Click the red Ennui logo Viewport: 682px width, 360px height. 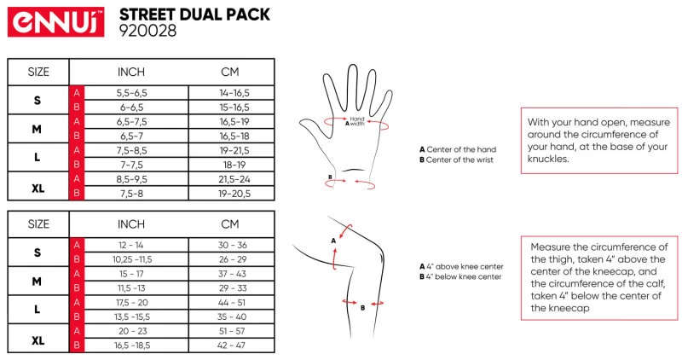click(x=55, y=22)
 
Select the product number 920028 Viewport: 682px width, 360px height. click(x=147, y=31)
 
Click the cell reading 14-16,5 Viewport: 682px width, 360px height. click(x=234, y=93)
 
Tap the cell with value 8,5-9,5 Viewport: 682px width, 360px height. click(x=131, y=179)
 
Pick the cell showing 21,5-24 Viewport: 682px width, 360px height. click(x=234, y=179)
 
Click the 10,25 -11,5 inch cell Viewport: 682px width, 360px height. click(x=132, y=259)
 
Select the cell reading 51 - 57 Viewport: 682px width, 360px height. click(x=232, y=331)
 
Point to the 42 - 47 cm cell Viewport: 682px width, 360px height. click(x=231, y=345)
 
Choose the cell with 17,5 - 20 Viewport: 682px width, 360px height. click(x=131, y=303)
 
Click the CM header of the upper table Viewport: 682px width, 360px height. click(x=230, y=72)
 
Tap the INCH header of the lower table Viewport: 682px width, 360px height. click(x=131, y=224)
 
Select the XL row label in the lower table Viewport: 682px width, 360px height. click(x=38, y=340)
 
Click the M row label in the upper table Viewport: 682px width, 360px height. click(x=37, y=130)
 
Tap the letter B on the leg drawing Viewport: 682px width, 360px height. click(x=363, y=308)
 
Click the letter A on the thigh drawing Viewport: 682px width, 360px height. click(x=333, y=241)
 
